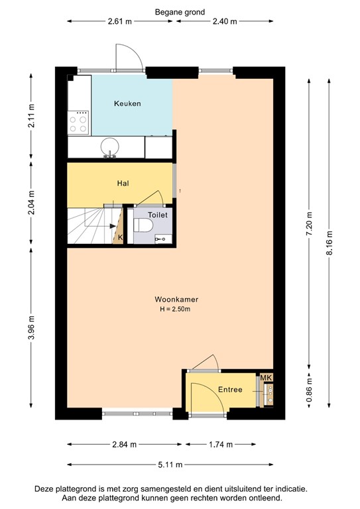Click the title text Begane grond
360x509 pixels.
point(180,12)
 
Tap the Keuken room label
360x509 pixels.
point(127,103)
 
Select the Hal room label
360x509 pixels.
point(123,183)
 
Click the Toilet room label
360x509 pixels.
point(157,215)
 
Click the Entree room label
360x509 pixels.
point(230,390)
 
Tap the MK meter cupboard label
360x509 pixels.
point(267,378)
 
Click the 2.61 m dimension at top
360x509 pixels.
point(120,21)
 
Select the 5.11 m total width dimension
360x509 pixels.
point(170,465)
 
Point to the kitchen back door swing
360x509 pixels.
point(129,56)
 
